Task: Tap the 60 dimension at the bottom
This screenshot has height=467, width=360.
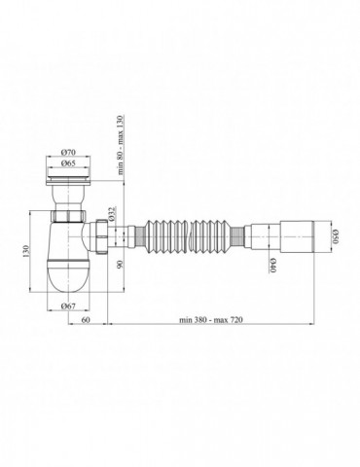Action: point(86,319)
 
